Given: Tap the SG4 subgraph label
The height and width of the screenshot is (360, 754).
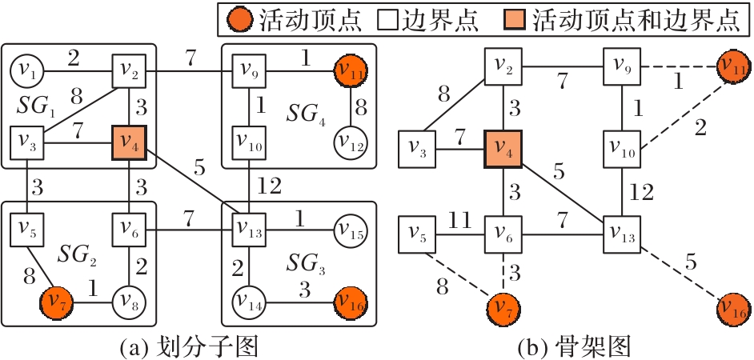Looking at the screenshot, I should pyautogui.click(x=306, y=114).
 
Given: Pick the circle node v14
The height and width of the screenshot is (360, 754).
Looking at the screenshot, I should pyautogui.click(x=250, y=302).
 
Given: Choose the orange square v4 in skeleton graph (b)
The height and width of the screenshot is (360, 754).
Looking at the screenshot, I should pyautogui.click(x=503, y=149).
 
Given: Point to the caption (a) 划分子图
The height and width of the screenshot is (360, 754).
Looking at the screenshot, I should pyautogui.click(x=187, y=348).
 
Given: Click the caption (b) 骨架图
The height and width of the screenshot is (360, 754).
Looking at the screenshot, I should pyautogui.click(x=576, y=348).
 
